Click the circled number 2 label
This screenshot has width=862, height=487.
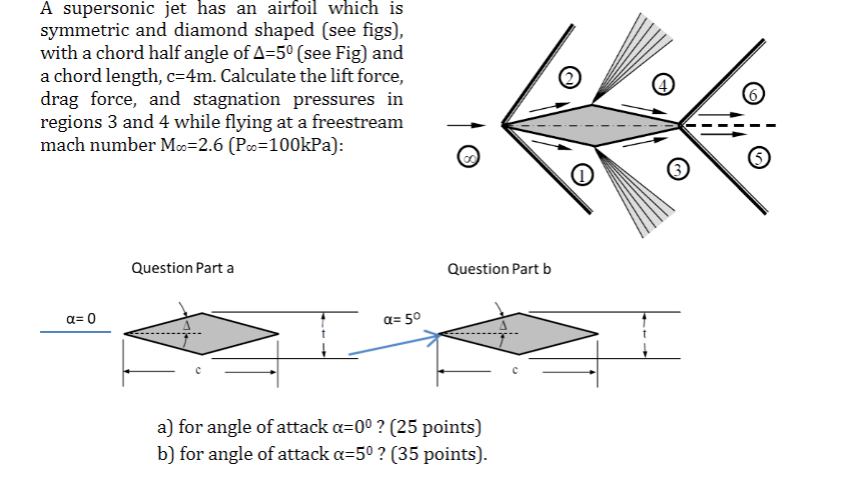point(568,79)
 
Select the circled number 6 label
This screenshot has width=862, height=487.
point(755,94)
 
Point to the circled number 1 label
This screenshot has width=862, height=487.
point(581,176)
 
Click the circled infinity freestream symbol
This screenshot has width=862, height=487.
point(465,157)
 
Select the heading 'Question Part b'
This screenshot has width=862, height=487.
point(499,268)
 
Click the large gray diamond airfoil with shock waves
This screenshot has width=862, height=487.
point(591,125)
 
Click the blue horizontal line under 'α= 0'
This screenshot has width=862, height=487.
point(75,332)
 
